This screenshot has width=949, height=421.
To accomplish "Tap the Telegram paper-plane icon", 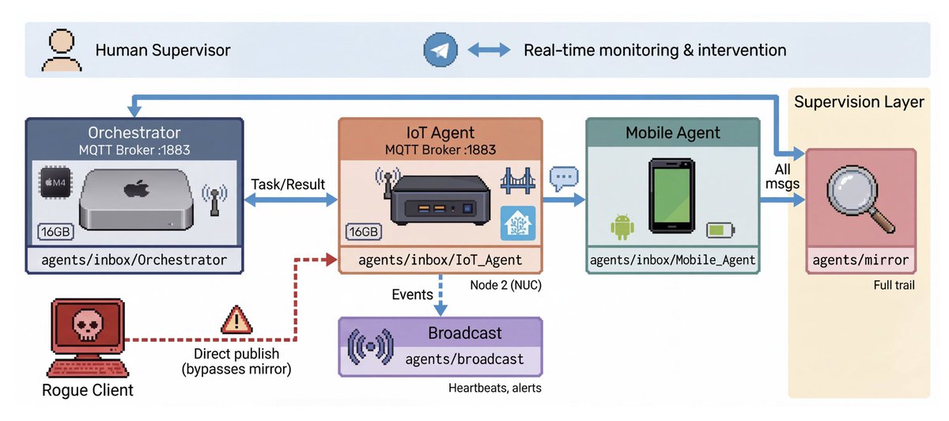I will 440,50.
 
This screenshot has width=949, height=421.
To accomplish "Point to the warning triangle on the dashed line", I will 236,320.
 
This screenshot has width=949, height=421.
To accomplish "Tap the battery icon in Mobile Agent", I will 720,230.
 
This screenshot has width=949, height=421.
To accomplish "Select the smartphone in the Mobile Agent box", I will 671,198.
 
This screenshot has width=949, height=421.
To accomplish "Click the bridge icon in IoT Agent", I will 518,184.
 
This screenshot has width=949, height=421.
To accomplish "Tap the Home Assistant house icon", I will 518,222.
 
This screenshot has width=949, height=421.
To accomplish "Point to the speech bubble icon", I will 564,178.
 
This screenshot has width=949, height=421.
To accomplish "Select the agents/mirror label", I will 860,259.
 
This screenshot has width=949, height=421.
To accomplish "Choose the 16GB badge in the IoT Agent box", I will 364,232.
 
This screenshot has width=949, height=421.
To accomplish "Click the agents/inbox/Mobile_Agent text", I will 672,260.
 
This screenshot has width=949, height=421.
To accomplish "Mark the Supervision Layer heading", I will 859,102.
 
